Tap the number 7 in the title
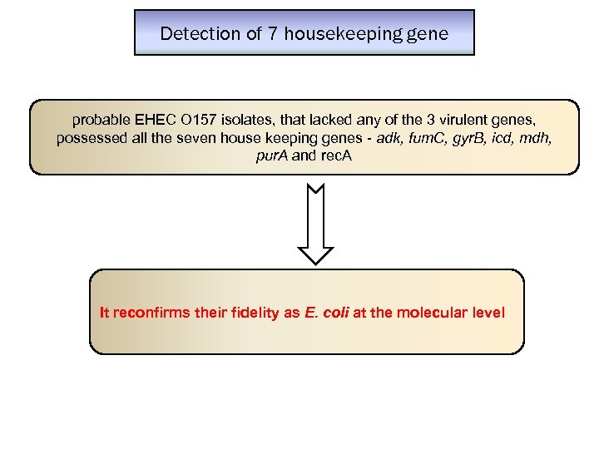point(274,34)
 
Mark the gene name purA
point(273,155)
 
